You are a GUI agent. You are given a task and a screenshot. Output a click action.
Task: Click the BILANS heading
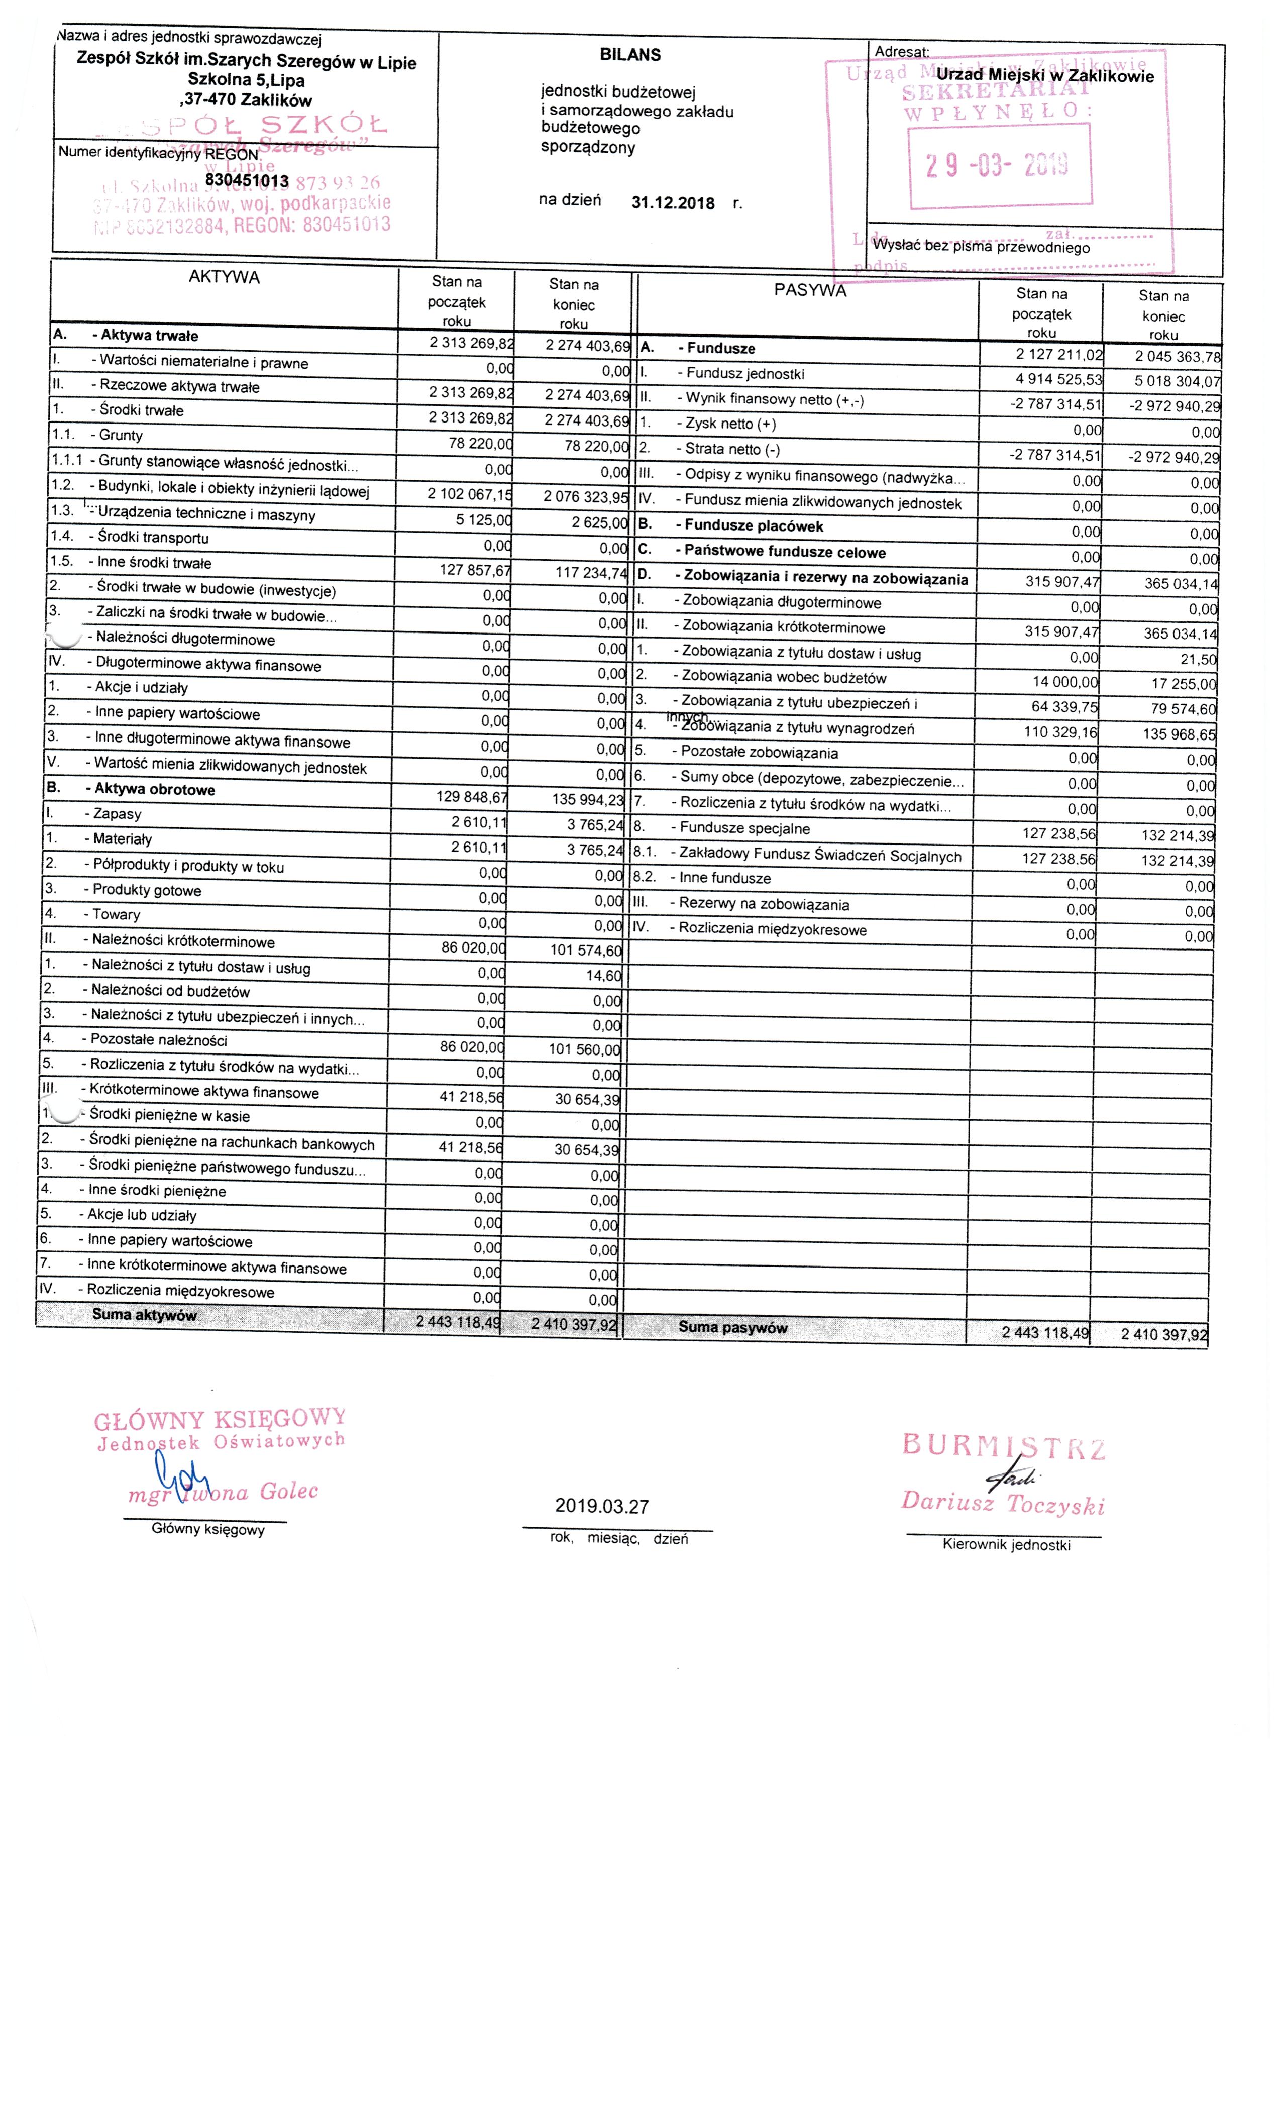(x=630, y=55)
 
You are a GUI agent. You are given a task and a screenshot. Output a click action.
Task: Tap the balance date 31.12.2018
(x=672, y=203)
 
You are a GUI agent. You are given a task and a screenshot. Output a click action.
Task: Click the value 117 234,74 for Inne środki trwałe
(x=591, y=572)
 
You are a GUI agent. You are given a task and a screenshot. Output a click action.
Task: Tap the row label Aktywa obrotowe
(x=154, y=789)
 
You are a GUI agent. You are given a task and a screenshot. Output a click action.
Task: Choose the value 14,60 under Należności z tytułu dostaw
(x=604, y=975)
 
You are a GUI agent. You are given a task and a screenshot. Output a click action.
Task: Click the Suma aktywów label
(x=144, y=1314)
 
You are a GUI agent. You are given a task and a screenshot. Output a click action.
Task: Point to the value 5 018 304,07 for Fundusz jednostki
(x=1178, y=381)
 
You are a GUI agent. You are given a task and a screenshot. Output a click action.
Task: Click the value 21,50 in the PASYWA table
(x=1199, y=659)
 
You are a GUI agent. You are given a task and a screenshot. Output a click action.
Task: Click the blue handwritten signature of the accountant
(x=180, y=1473)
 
